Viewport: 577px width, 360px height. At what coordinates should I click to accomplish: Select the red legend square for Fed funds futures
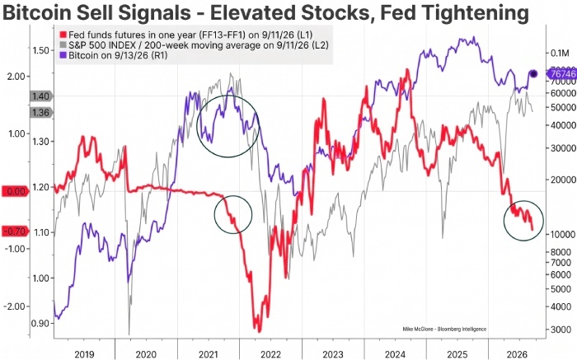point(63,35)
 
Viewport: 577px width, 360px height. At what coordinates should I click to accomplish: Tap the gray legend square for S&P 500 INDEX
point(63,45)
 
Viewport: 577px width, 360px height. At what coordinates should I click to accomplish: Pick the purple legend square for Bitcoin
point(63,55)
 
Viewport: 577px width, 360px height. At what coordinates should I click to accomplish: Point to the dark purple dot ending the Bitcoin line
point(533,74)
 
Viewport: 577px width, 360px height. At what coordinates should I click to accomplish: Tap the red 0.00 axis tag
point(16,191)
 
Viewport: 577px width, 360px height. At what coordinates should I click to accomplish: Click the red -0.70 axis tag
point(16,231)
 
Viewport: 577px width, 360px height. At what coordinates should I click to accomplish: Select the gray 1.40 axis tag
point(41,96)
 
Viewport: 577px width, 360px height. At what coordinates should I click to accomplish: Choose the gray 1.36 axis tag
point(41,113)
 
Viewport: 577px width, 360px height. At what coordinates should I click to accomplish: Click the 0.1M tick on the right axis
point(560,54)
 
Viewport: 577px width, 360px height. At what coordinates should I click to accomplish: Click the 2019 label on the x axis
point(84,354)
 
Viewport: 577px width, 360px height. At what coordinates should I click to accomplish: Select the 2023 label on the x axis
point(333,354)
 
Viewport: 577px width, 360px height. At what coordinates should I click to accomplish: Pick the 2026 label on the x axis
point(519,354)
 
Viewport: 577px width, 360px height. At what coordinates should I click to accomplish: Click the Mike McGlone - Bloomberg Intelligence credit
point(444,330)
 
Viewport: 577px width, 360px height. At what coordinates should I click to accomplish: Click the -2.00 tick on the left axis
point(15,306)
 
